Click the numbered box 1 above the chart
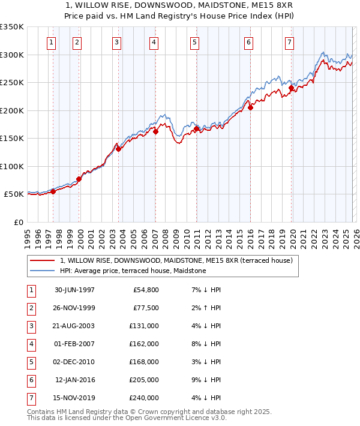pyautogui.click(x=52, y=42)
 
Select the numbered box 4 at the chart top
pyautogui.click(x=154, y=42)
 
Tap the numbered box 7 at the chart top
pyautogui.click(x=290, y=42)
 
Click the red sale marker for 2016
pyautogui.click(x=251, y=108)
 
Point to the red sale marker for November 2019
pyautogui.click(x=292, y=88)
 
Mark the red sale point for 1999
pyautogui.click(x=79, y=179)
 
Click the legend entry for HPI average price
pyautogui.click(x=133, y=271)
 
